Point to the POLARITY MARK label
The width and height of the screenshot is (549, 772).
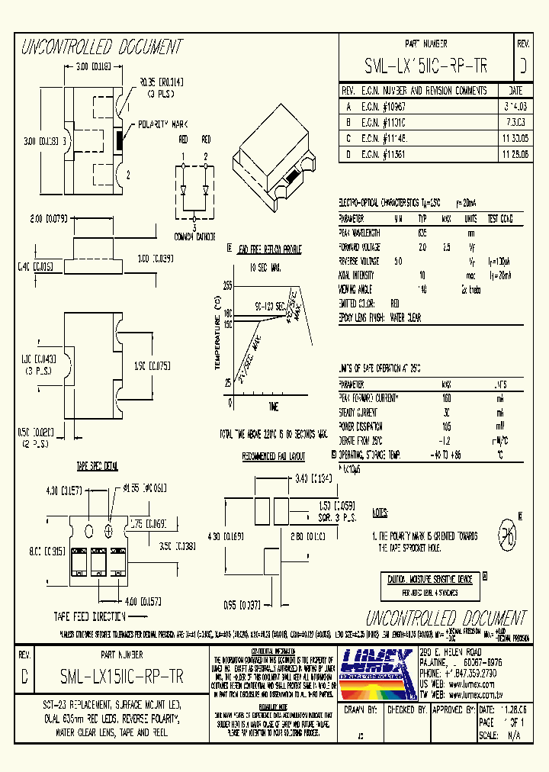(x=163, y=124)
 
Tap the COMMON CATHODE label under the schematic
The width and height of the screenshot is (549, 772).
(x=194, y=236)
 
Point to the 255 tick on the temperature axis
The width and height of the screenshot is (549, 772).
(x=227, y=285)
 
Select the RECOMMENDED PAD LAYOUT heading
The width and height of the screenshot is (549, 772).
(x=273, y=456)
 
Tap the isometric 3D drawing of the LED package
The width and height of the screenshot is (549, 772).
(x=278, y=151)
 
